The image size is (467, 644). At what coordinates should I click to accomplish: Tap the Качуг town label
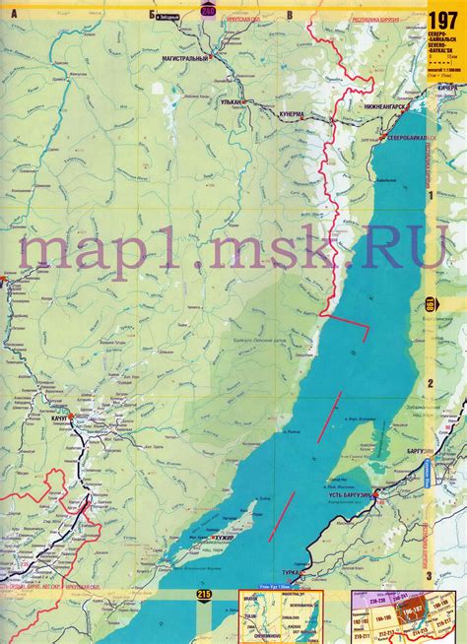point(56,419)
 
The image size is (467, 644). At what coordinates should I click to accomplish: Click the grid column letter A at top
point(15,15)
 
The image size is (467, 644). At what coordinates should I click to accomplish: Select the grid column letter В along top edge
point(289,15)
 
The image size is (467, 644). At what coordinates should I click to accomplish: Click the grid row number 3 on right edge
point(430,575)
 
